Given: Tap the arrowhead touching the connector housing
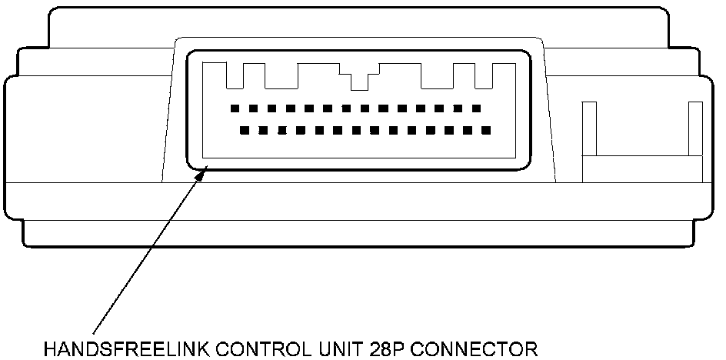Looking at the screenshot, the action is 202,172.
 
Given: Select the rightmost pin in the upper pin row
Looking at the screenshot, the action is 477,108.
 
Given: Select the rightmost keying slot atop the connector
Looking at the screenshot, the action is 484,75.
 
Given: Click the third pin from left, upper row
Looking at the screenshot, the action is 271,108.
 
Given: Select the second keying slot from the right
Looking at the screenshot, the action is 438,75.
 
